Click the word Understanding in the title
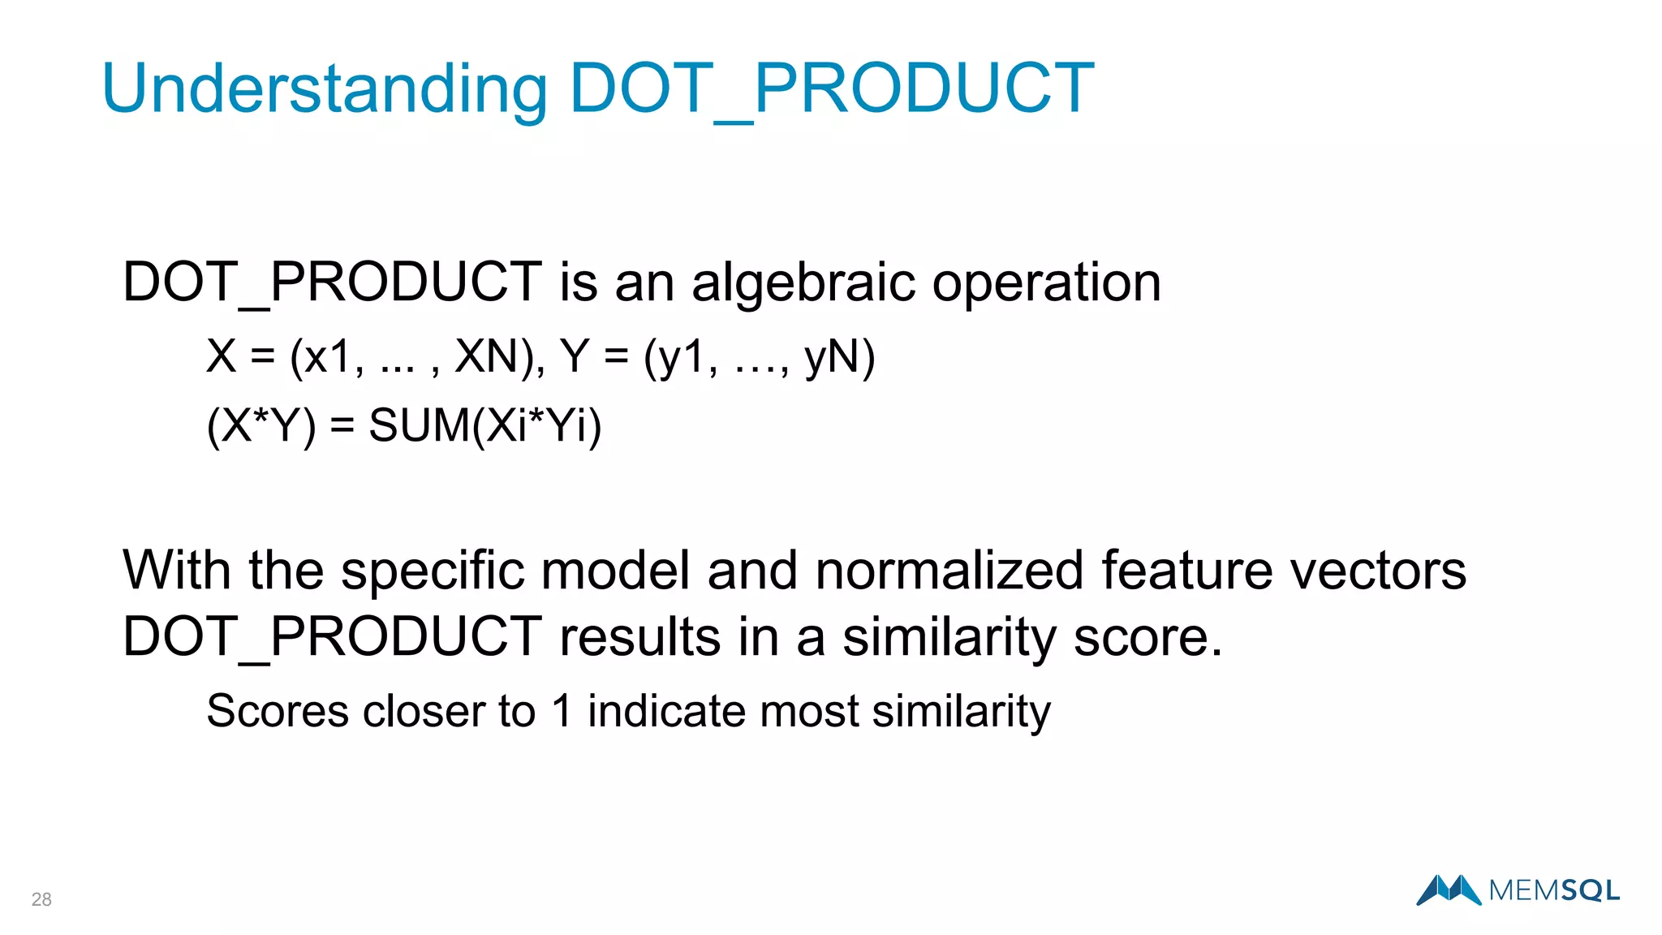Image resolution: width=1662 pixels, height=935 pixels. [325, 89]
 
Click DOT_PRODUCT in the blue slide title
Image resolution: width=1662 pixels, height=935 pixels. [832, 89]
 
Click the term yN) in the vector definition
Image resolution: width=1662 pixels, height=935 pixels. [840, 356]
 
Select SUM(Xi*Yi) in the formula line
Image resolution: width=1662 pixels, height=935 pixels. [485, 425]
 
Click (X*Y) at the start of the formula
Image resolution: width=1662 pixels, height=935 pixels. [261, 425]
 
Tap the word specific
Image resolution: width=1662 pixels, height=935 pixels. [432, 571]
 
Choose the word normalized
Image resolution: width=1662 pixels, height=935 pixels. [949, 571]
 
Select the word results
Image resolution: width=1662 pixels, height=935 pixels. [640, 636]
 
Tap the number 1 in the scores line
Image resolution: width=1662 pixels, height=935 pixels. [562, 711]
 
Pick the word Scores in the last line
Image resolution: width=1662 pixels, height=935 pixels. [278, 711]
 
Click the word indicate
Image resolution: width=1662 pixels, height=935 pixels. [666, 711]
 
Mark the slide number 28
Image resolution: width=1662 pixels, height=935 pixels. [41, 899]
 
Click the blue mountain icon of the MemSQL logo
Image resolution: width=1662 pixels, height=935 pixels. [1449, 890]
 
